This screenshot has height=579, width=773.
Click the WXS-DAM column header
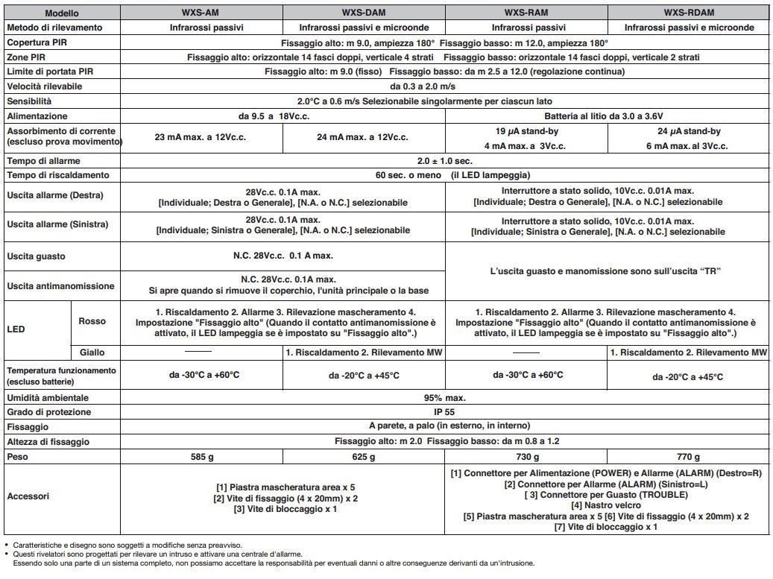point(364,13)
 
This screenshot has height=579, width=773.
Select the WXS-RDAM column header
point(689,13)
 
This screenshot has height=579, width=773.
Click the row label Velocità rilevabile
point(44,86)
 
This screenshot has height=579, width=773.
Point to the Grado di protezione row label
point(48,412)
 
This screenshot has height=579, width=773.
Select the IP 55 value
point(444,412)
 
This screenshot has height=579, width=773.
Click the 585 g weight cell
point(201,456)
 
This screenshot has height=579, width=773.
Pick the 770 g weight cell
point(689,456)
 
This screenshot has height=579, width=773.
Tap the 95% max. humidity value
point(444,397)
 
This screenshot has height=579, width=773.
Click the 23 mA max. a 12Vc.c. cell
point(201,139)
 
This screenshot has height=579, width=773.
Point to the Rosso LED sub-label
point(92,322)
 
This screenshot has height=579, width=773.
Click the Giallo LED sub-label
point(92,352)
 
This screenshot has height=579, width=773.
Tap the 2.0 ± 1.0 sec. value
point(444,161)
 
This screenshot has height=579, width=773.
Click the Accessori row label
point(29,496)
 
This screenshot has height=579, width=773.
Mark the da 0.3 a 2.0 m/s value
point(444,86)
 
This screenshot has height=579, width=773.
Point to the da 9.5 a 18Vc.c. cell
point(282,116)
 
